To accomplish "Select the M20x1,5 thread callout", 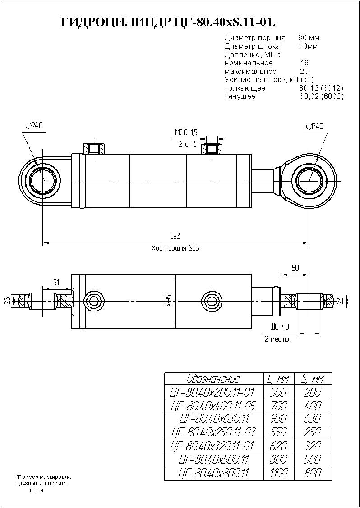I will [186, 133].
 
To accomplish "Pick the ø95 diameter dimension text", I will [168, 301].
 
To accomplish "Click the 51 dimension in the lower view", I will [56, 283].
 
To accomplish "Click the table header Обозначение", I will [213, 379].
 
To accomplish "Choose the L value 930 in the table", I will [278, 419].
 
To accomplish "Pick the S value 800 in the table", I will [313, 473].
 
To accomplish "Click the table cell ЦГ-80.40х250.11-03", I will [213, 433].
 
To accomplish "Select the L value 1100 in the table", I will [278, 473].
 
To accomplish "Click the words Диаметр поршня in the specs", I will [255, 37].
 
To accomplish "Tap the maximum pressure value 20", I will [305, 71].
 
